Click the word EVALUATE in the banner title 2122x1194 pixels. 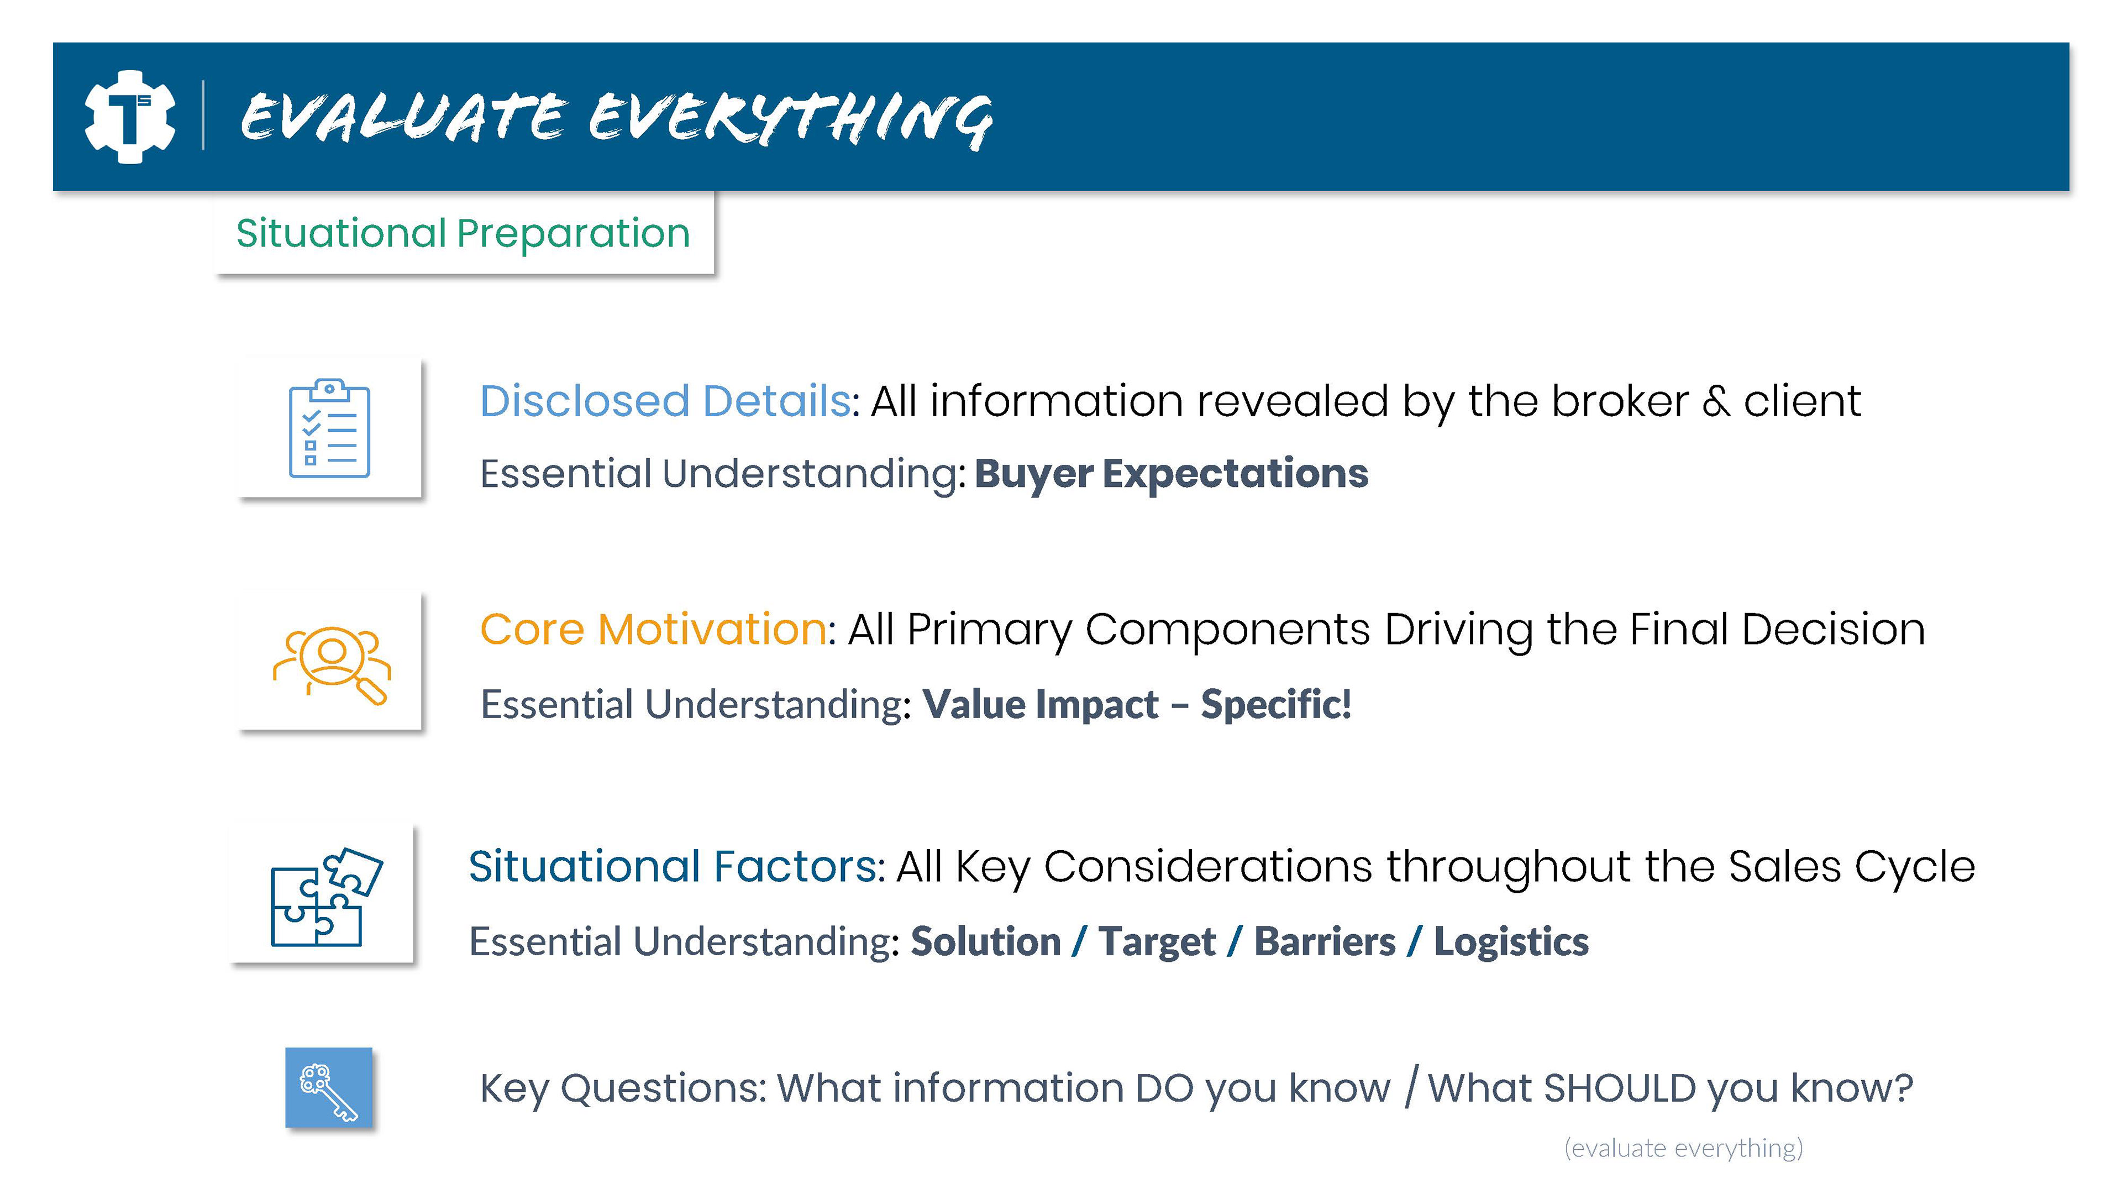pyautogui.click(x=403, y=117)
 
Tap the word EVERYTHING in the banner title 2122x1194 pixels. pyautogui.click(x=791, y=119)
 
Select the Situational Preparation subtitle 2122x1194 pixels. pyautogui.click(x=463, y=233)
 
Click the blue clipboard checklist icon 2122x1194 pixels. pyautogui.click(x=329, y=428)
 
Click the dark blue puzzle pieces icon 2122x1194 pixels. pyautogui.click(x=327, y=897)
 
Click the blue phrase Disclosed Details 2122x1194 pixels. pyautogui.click(x=665, y=401)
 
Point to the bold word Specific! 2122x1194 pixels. pyautogui.click(x=1276, y=705)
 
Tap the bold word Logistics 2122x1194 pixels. pyautogui.click(x=1511, y=942)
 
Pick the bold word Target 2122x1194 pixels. pyautogui.click(x=1157, y=942)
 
